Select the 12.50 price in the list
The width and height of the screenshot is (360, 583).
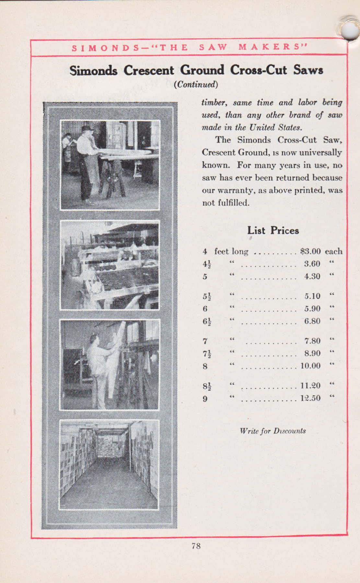click(x=310, y=398)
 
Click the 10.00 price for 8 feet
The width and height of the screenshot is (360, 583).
click(x=310, y=366)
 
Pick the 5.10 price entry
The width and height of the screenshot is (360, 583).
click(x=312, y=296)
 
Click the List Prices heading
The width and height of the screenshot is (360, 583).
click(x=273, y=231)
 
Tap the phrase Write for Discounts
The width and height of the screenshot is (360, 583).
click(x=273, y=431)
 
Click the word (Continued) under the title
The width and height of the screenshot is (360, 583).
click(x=196, y=85)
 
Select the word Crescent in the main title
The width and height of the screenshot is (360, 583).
click(x=149, y=70)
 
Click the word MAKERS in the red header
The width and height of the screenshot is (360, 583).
click(x=273, y=48)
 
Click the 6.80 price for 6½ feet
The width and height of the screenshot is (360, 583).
click(x=312, y=321)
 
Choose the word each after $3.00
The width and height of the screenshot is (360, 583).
click(x=333, y=251)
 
